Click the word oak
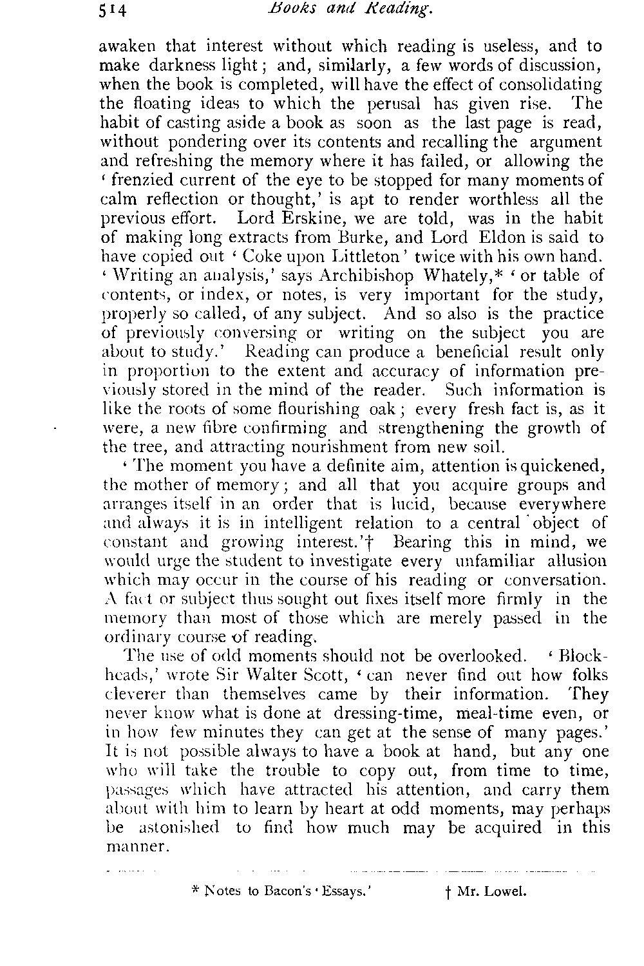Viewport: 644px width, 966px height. tap(399, 410)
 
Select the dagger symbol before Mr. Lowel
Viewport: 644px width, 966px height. tap(446, 893)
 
